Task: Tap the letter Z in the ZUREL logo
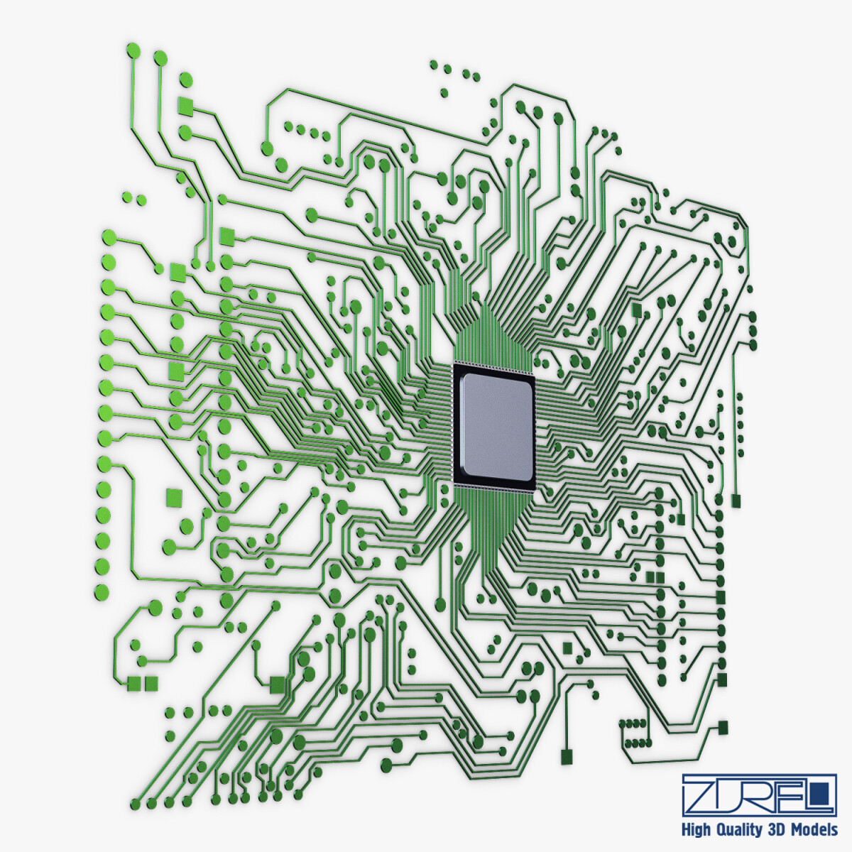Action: coord(703,794)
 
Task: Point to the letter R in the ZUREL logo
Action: coord(759,794)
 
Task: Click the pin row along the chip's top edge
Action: coord(494,366)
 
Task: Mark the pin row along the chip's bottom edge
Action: coord(494,487)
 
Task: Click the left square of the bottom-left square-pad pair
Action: coord(133,683)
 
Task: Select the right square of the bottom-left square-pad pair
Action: coord(151,683)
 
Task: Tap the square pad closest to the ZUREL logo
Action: coord(723,727)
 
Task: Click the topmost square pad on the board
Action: coord(185,107)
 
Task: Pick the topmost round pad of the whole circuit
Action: coord(133,50)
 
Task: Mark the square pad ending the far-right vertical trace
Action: coord(736,501)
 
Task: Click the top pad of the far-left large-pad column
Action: coord(109,236)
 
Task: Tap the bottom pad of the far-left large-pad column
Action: coord(103,591)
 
